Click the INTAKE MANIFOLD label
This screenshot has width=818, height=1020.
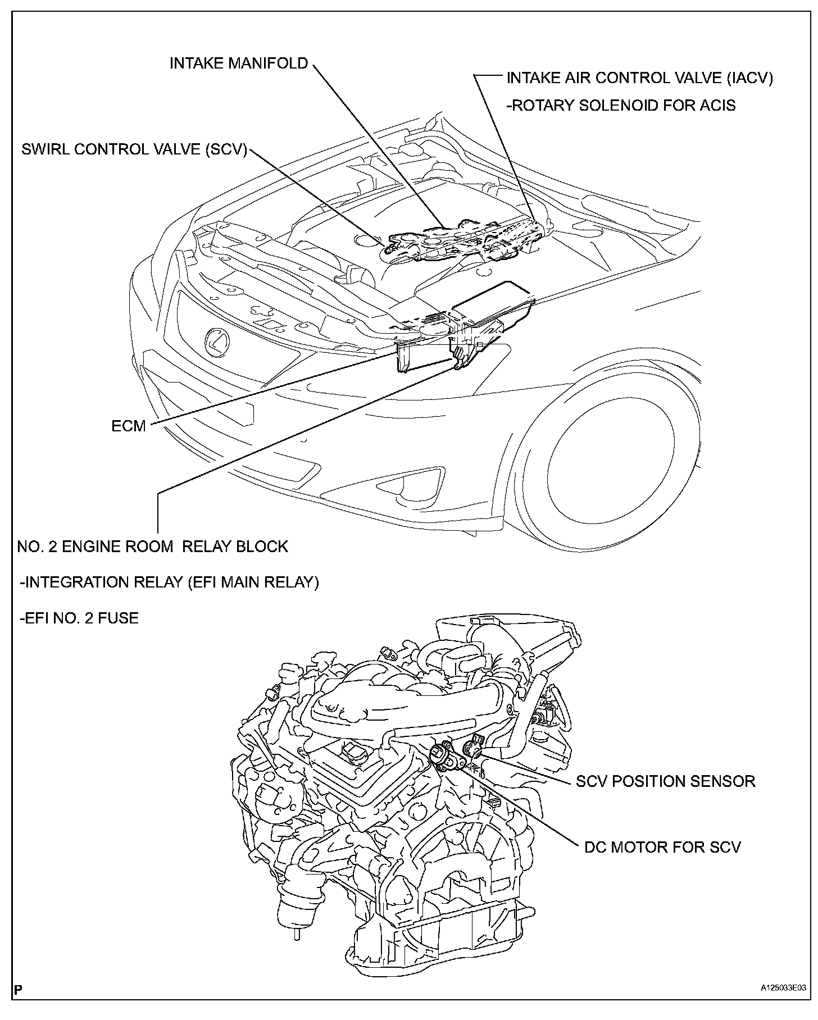coord(239,63)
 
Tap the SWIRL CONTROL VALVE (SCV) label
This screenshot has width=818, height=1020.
coord(134,150)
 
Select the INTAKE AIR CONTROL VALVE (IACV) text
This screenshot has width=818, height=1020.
coord(639,78)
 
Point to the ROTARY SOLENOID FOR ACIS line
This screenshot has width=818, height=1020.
coord(621,105)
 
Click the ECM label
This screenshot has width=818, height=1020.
coord(129,426)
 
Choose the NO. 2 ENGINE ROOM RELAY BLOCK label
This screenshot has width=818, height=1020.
coord(152,547)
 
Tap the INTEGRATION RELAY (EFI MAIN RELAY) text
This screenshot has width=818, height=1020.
coord(169,582)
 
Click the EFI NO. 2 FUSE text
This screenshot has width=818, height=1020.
coord(79,618)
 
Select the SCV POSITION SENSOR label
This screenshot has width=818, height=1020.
coord(665,781)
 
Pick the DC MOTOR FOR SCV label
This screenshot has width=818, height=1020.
coord(662,846)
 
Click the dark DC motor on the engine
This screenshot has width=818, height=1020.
coord(443,756)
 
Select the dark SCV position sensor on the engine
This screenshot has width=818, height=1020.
coord(473,745)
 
